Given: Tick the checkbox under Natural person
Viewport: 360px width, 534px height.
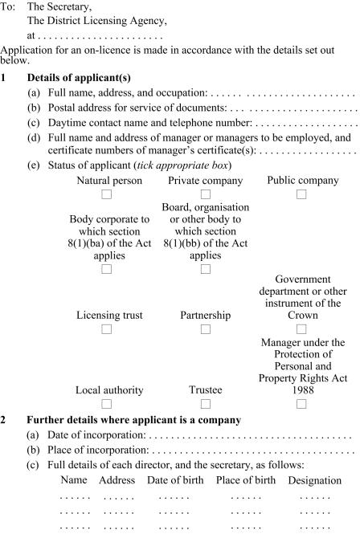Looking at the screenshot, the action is [106, 194].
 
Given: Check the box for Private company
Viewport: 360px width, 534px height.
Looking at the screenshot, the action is [205, 194].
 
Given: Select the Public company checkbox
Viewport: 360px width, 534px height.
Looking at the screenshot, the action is [302, 194].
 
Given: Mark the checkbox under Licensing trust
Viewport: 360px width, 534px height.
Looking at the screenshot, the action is [106, 328].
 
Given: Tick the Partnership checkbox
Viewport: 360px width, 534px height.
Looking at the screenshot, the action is [205, 328].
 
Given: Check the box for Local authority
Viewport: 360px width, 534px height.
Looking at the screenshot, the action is [106, 403].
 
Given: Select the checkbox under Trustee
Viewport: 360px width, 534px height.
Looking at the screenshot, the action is [205, 403].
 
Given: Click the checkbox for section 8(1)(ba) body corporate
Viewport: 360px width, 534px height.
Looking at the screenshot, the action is [106, 269].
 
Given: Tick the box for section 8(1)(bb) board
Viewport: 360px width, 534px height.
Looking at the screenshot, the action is [205, 269].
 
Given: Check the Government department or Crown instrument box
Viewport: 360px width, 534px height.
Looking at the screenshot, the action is [302, 328].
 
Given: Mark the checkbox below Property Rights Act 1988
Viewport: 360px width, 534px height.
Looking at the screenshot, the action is [302, 403].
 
